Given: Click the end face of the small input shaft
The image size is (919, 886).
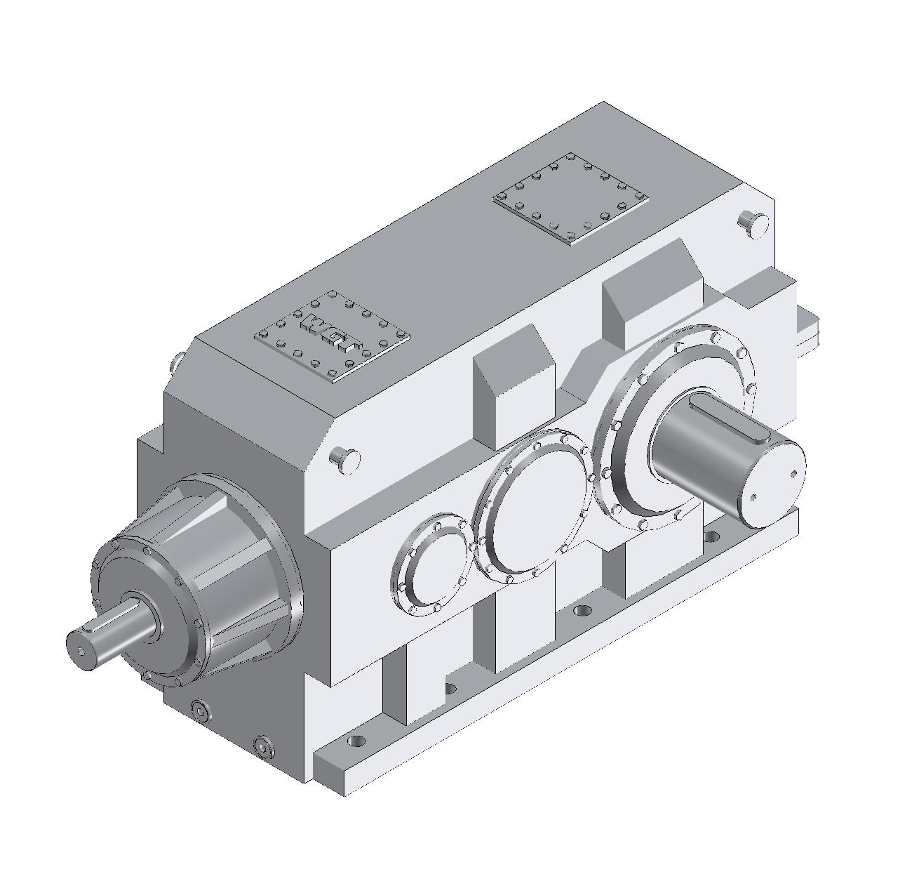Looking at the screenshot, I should (x=82, y=651).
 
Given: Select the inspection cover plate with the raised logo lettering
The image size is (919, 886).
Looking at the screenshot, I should (x=332, y=336).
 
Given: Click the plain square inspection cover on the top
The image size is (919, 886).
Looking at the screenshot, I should (x=570, y=199).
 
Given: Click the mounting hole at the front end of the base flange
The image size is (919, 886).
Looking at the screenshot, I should (x=356, y=741).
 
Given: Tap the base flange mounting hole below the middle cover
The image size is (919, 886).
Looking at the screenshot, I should (x=579, y=610).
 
